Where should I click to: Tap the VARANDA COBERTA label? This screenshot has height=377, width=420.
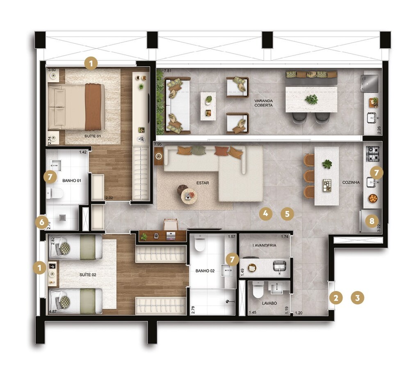click(x=263, y=103)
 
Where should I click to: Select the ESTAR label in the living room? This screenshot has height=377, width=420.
click(x=203, y=183)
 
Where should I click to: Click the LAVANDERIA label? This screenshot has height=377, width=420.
click(x=264, y=245)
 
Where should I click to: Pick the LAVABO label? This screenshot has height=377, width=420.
click(x=269, y=303)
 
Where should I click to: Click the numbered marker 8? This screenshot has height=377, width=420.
click(x=372, y=221)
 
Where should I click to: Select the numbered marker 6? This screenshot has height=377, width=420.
click(x=41, y=222)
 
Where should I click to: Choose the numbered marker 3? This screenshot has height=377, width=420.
click(x=358, y=298)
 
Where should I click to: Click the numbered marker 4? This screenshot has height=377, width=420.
click(x=266, y=213)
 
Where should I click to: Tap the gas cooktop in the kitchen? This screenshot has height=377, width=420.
click(x=373, y=154)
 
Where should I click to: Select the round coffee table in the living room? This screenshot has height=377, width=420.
click(x=189, y=196)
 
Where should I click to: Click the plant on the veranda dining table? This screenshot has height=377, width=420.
click(x=312, y=99)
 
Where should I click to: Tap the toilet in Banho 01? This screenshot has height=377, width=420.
click(x=54, y=192)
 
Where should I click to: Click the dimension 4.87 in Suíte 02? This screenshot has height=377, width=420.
click(x=52, y=312)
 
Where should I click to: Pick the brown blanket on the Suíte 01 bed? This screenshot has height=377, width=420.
click(x=93, y=106)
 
